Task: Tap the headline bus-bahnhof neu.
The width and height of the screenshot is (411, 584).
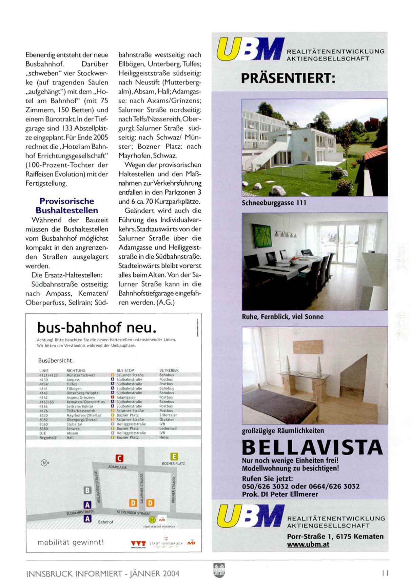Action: coord(97,328)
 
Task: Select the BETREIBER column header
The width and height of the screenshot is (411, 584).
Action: coord(169,370)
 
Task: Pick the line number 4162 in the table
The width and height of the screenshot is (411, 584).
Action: coord(44,397)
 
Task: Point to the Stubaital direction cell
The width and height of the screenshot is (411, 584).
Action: coord(75,424)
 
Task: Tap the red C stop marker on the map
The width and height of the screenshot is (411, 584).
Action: coord(119,458)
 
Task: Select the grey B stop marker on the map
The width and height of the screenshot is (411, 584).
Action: coord(87,490)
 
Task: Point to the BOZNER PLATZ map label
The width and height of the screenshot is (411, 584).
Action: coord(173,463)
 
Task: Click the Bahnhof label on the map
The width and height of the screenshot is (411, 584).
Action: coord(105,522)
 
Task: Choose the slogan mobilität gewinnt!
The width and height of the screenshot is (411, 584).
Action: coord(71,542)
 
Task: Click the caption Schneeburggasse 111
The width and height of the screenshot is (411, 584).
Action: coord(274,203)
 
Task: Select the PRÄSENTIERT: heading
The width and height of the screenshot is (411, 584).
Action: coord(288,79)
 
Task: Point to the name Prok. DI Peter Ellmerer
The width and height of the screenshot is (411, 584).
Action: coord(280,494)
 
